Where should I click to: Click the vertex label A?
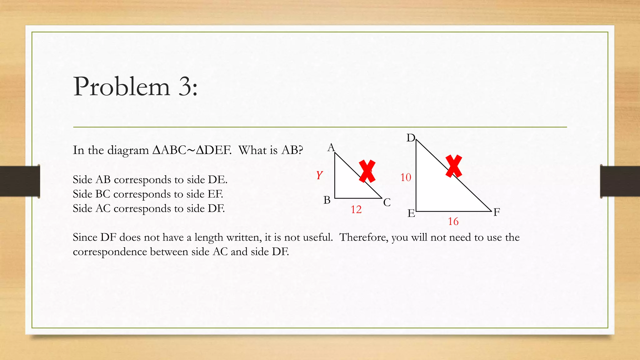pyautogui.click(x=331, y=147)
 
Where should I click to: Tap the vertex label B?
pyautogui.click(x=327, y=200)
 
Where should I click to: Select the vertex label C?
pyautogui.click(x=387, y=202)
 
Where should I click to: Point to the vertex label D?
pyautogui.click(x=411, y=138)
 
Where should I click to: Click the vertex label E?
pyautogui.click(x=411, y=213)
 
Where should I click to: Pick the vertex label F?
pyautogui.click(x=497, y=212)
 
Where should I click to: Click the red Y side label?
pyautogui.click(x=319, y=175)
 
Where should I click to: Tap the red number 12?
pyautogui.click(x=356, y=209)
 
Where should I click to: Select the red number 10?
pyautogui.click(x=406, y=177)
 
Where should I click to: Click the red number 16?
pyautogui.click(x=453, y=222)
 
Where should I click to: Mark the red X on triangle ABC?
pyautogui.click(x=367, y=171)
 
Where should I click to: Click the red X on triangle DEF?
pyautogui.click(x=454, y=166)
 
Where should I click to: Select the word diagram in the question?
pyautogui.click(x=128, y=151)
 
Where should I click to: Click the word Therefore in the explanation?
pyautogui.click(x=364, y=237)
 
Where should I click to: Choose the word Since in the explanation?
pyautogui.click(x=85, y=237)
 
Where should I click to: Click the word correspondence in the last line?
pyautogui.click(x=110, y=252)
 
